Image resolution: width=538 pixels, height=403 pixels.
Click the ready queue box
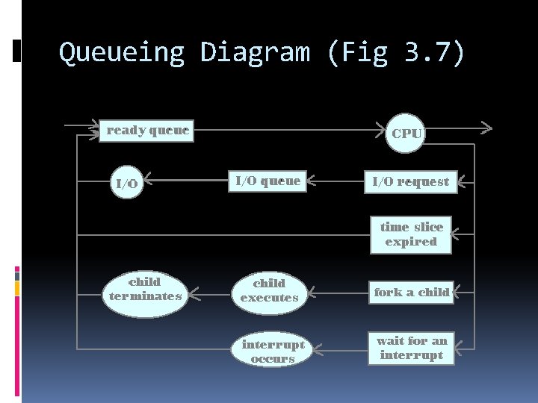[x=147, y=131]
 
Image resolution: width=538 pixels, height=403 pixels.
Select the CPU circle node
[x=406, y=134]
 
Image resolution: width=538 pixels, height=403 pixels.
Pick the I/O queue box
[x=268, y=181]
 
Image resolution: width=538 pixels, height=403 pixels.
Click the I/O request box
[x=411, y=181]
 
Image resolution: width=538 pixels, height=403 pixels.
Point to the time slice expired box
[x=411, y=234]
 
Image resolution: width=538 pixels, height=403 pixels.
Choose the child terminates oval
[x=145, y=290]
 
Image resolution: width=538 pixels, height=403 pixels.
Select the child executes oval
[x=269, y=290]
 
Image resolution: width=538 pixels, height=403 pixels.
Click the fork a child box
[x=412, y=293]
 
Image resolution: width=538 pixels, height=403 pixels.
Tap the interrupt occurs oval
[x=273, y=352]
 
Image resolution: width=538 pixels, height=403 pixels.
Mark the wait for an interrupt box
[x=411, y=348]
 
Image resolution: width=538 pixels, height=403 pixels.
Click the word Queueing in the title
[x=121, y=53]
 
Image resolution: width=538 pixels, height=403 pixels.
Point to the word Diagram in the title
[x=254, y=53]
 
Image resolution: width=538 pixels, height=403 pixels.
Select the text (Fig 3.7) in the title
[x=395, y=53]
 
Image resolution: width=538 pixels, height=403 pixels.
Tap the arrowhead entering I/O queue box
[x=312, y=180]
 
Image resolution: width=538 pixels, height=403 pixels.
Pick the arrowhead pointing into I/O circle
[x=147, y=180]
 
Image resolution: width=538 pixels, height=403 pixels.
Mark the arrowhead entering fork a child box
[x=457, y=292]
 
